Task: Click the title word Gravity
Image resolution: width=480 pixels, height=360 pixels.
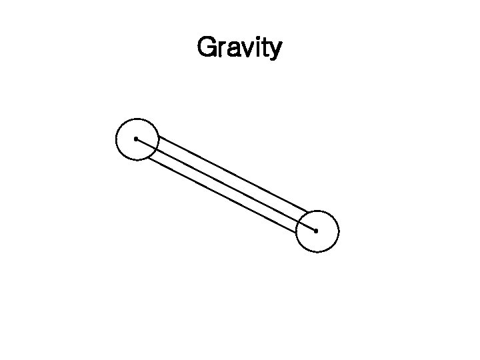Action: pyautogui.click(x=239, y=47)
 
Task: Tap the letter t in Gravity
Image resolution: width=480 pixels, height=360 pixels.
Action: pyautogui.click(x=265, y=47)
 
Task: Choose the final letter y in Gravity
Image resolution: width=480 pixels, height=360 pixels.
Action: pyautogui.click(x=275, y=50)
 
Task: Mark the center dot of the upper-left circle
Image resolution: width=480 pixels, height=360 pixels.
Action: pyautogui.click(x=136, y=139)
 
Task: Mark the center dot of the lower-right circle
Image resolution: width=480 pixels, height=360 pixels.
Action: pyautogui.click(x=316, y=231)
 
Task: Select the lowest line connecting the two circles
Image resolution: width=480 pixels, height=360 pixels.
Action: pyautogui.click(x=220, y=195)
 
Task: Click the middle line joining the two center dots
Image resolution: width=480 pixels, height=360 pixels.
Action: pyautogui.click(x=226, y=185)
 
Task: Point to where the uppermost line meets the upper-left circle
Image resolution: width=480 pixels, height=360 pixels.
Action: pyautogui.click(x=158, y=137)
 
